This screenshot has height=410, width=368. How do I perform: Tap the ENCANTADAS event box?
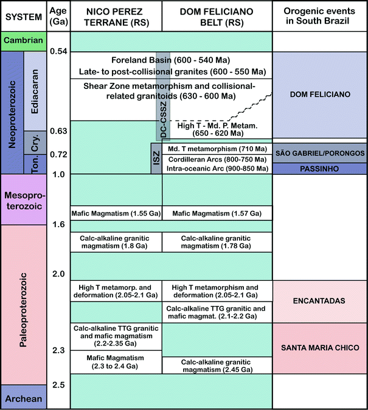click(x=320, y=301)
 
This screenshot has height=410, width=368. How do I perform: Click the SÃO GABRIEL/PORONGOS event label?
click(x=320, y=152)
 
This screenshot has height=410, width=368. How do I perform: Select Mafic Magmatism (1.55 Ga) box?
click(x=116, y=213)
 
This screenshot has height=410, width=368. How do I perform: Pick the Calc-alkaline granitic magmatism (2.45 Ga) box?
click(x=217, y=364)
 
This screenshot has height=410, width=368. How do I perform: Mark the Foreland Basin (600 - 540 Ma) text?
click(x=171, y=60)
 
